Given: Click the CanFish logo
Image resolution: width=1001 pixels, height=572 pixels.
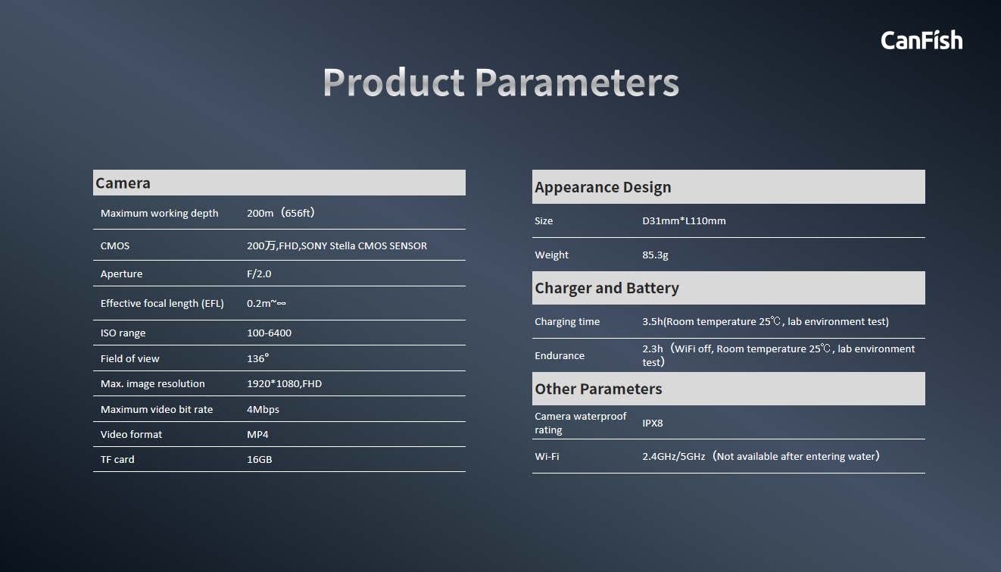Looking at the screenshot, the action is click(x=921, y=40).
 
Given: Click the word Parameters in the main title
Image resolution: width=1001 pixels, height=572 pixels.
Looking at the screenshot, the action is click(x=577, y=83).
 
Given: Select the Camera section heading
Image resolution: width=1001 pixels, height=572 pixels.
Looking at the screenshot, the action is click(x=123, y=183).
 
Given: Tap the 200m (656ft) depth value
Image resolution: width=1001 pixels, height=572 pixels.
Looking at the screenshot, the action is click(x=281, y=213).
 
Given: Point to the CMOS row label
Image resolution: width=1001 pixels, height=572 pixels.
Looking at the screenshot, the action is click(x=115, y=245).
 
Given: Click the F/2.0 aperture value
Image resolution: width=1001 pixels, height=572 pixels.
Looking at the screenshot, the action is click(x=259, y=273).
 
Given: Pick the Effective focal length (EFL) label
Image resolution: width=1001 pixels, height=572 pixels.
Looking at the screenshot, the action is click(x=162, y=303).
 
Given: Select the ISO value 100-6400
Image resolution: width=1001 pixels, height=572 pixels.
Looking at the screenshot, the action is click(x=269, y=333).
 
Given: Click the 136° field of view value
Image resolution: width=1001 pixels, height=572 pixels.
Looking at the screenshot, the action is click(x=258, y=358).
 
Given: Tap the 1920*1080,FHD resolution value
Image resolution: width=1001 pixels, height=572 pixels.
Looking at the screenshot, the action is click(x=284, y=383).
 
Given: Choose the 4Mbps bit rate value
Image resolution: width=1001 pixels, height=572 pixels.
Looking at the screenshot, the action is click(x=263, y=409).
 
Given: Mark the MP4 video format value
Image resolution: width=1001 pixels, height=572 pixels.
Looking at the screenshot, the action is click(x=257, y=434).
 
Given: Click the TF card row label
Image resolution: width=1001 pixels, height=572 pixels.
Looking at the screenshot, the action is click(x=117, y=459).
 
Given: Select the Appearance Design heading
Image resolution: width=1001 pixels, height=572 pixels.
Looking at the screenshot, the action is click(x=603, y=187).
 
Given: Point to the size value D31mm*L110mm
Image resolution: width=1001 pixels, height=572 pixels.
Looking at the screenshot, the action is click(x=684, y=220).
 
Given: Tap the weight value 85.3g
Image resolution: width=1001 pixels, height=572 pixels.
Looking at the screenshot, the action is click(x=655, y=255).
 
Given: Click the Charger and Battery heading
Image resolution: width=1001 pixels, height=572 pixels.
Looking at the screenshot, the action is click(x=607, y=288).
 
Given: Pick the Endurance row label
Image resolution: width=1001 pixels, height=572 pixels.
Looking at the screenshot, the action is click(x=560, y=355).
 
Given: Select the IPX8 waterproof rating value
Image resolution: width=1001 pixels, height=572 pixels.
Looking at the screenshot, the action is click(x=653, y=423).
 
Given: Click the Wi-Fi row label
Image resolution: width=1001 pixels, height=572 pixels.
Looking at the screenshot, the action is click(x=547, y=456).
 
